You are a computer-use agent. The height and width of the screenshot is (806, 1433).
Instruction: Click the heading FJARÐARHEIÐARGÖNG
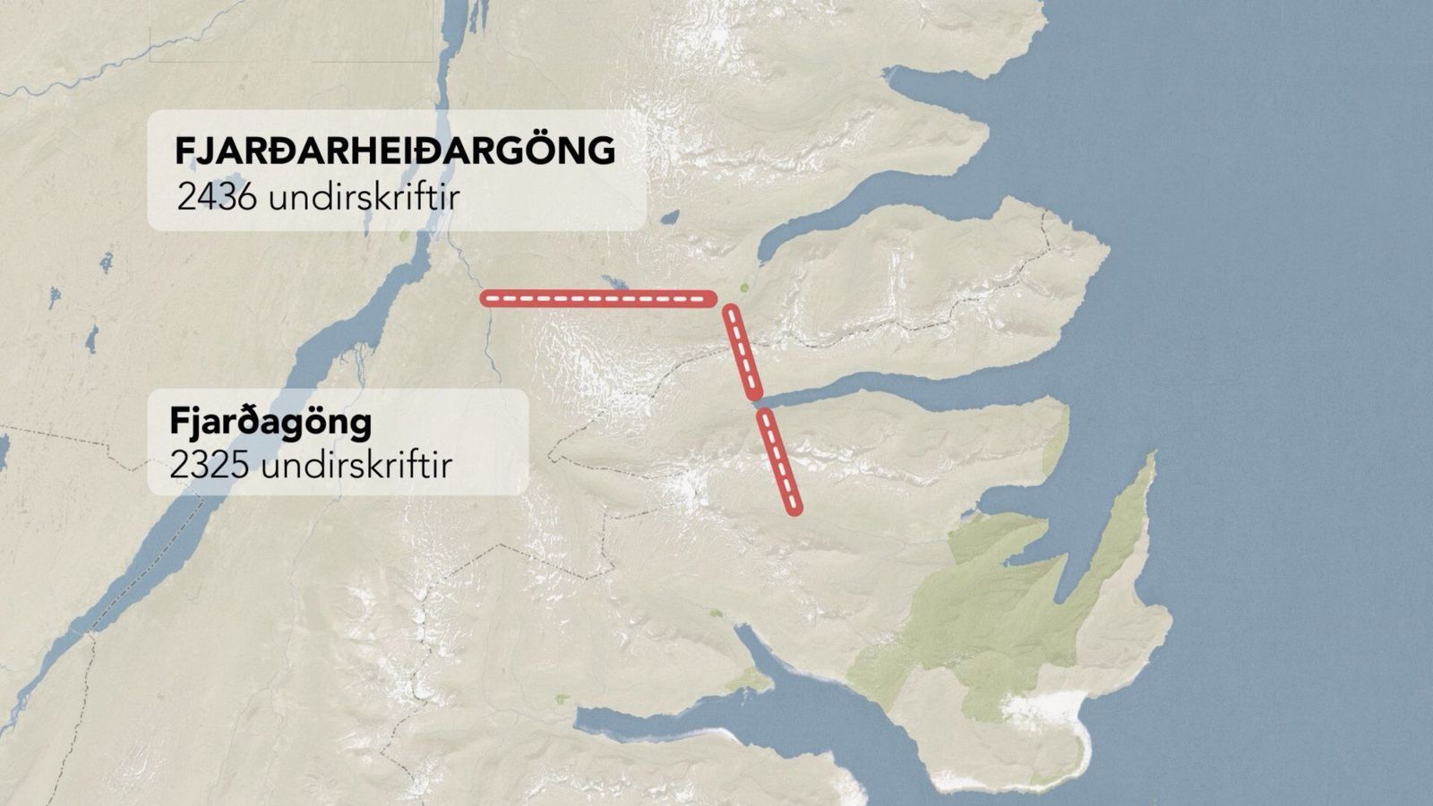coord(395,150)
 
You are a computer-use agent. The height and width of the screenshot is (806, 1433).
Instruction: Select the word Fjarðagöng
coord(270,422)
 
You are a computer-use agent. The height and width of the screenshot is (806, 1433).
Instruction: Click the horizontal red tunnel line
coord(598,298)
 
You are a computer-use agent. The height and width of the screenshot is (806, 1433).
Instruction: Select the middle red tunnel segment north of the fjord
coord(742,352)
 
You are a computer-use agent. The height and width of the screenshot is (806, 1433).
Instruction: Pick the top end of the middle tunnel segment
coord(731,313)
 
